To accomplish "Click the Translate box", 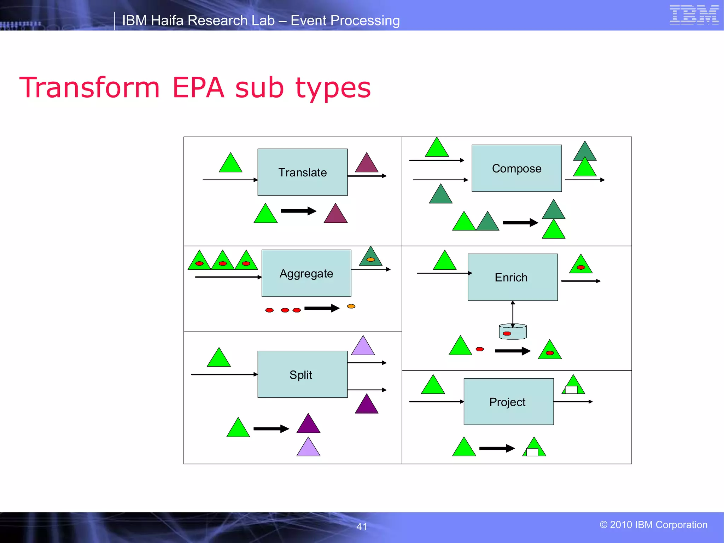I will [x=302, y=172].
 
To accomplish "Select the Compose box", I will [x=516, y=168].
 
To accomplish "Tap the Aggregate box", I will [x=306, y=273].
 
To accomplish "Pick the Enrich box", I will [x=512, y=277].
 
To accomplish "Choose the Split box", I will [x=302, y=374].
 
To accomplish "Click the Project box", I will [x=508, y=402].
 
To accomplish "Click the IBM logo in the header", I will [x=694, y=15].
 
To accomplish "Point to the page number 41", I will [x=362, y=527].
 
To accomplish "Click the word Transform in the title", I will [x=90, y=88].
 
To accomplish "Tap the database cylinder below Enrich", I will [x=513, y=332].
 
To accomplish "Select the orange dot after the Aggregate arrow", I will [x=351, y=306].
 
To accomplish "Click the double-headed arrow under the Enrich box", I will [x=513, y=313].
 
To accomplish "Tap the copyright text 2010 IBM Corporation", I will [x=658, y=525].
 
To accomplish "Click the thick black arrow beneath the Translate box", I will [x=298, y=211].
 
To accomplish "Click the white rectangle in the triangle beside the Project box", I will [x=571, y=390].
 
